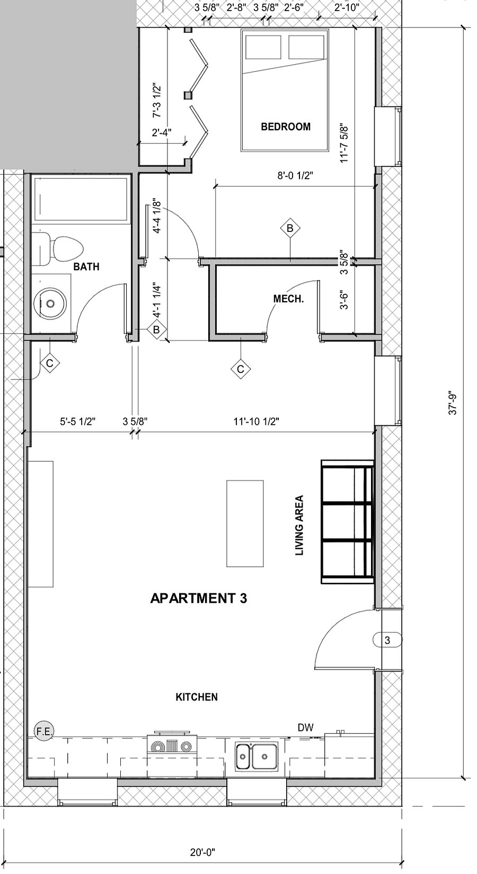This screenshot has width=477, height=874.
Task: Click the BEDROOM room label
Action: [286, 127]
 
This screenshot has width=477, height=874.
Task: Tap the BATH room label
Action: [86, 266]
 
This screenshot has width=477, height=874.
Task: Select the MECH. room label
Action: [288, 299]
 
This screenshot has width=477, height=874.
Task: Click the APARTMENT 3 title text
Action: [199, 598]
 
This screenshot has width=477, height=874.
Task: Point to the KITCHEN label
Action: [197, 697]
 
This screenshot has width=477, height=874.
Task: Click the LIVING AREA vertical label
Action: [299, 525]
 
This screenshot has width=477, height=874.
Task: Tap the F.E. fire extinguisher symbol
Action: [44, 732]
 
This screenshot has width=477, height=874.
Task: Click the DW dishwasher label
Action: [306, 727]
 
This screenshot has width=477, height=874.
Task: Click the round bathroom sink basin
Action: [50, 303]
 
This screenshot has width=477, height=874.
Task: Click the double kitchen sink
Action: [257, 756]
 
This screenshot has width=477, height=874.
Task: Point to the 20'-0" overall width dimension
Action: [202, 852]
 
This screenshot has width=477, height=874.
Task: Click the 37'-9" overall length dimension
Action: [453, 403]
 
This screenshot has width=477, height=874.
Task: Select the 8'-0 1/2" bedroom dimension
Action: [296, 175]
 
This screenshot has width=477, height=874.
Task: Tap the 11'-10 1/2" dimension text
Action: [257, 422]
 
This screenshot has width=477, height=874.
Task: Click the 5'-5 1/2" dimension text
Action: [78, 422]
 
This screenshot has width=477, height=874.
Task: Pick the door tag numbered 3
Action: [387, 640]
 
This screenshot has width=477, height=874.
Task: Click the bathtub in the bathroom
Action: [81, 199]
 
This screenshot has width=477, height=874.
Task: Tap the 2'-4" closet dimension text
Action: [162, 132]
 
